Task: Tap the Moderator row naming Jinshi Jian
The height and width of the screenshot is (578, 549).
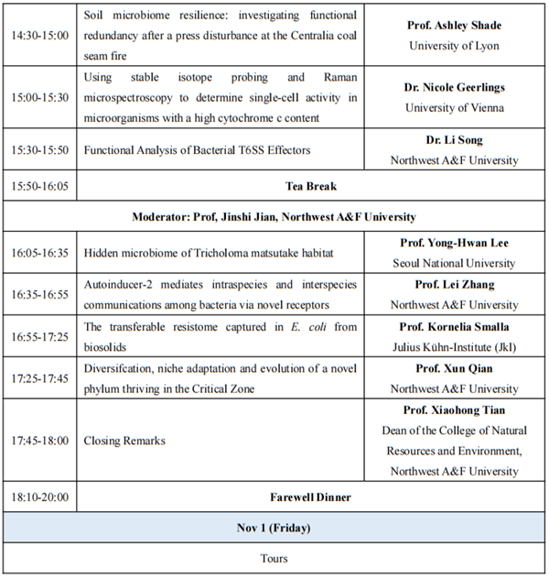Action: [274, 217]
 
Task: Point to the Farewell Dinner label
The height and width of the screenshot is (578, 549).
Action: [311, 498]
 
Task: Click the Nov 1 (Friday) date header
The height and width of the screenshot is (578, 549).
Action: [274, 528]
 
